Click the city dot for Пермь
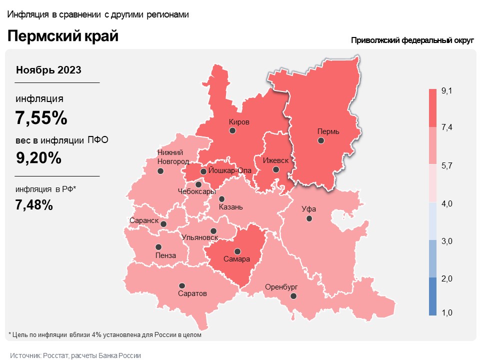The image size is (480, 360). point(321,141)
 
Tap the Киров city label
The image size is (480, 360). point(238,121)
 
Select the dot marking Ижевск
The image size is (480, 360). point(276,169)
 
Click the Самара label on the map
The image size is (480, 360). point(237,260)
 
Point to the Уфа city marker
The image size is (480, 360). point(309,218)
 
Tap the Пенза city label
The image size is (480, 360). point(165,255)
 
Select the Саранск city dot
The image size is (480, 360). point(163,224)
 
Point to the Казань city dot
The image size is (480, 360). point(222,198)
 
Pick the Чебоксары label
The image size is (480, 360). point(197,191)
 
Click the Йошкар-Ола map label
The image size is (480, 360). point(229,170)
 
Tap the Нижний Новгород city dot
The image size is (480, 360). point(160,171)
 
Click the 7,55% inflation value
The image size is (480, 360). point(41,118)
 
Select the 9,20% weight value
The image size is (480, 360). point(38,158)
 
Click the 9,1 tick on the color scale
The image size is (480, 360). point(446,90)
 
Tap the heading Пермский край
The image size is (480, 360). point(62,36)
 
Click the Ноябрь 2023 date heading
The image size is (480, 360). point(48,69)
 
